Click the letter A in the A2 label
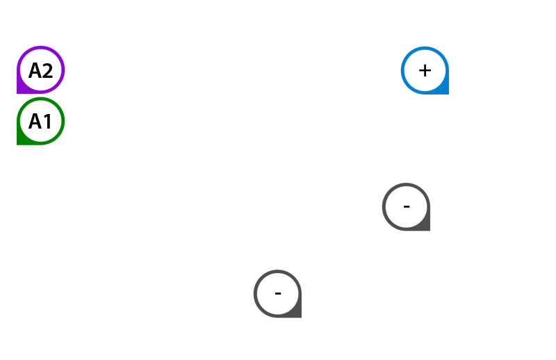(x=35, y=71)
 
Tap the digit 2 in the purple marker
(x=47, y=71)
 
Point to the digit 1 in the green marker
(x=47, y=122)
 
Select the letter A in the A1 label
(x=35, y=122)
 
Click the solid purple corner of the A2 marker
(x=20, y=90)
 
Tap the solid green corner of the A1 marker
(x=20, y=141)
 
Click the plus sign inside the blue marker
(x=425, y=70)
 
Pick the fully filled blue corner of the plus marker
(x=445, y=90)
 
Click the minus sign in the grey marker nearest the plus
(x=407, y=207)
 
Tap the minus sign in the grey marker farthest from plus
(x=278, y=293)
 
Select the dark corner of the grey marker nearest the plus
(x=426, y=227)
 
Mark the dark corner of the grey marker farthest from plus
(x=297, y=313)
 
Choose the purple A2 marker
(x=40, y=70)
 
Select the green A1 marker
(x=40, y=122)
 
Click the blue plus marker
(x=425, y=70)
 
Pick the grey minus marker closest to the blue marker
(x=407, y=207)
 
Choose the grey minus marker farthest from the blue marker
(x=278, y=293)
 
